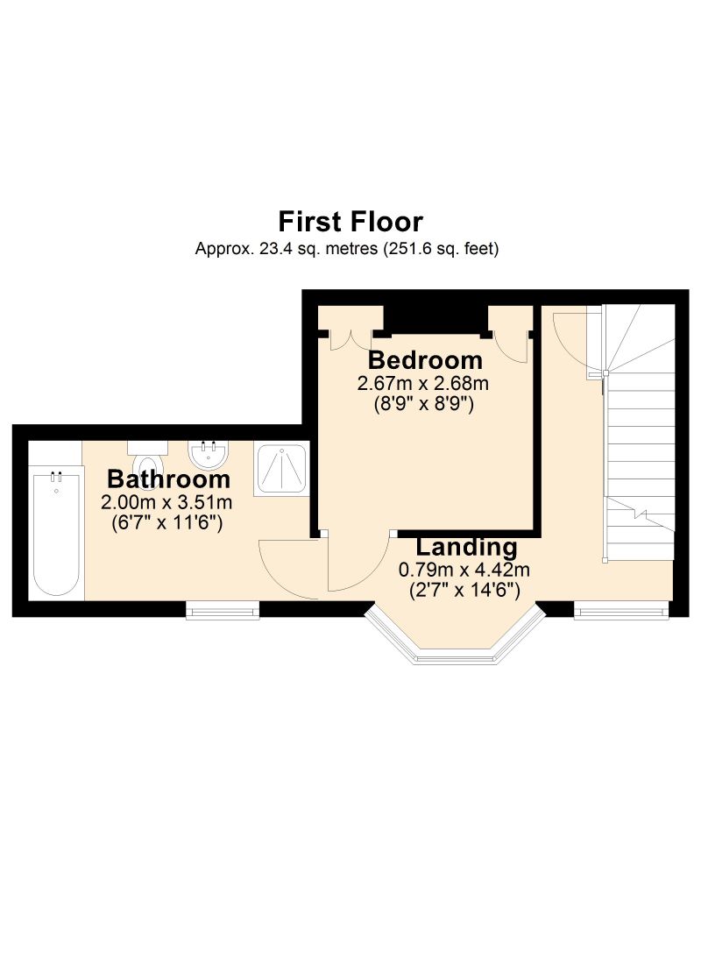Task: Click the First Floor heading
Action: pyautogui.click(x=350, y=222)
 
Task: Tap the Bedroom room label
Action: pyautogui.click(x=425, y=359)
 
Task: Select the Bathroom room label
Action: pyautogui.click(x=168, y=478)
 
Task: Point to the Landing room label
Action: pyautogui.click(x=467, y=547)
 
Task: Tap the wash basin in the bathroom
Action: pyautogui.click(x=208, y=455)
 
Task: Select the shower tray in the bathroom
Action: pyautogui.click(x=281, y=470)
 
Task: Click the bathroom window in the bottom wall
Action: pyautogui.click(x=223, y=610)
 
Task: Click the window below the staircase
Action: pyautogui.click(x=621, y=609)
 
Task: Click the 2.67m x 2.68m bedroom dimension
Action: pyautogui.click(x=423, y=384)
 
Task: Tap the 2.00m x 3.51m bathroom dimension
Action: pyautogui.click(x=166, y=502)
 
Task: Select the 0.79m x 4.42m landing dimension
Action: pyautogui.click(x=465, y=570)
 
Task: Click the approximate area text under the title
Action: pyautogui.click(x=347, y=249)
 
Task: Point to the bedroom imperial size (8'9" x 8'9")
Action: pyautogui.click(x=424, y=404)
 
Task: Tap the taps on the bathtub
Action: pyautogui.click(x=56, y=475)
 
